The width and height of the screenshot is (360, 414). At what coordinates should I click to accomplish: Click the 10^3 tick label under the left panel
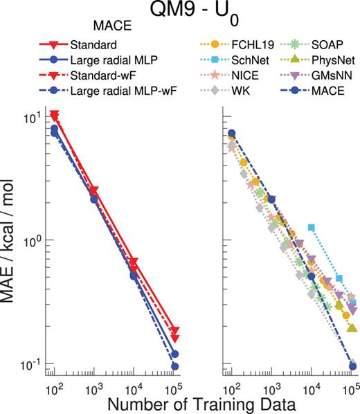[x=94, y=382]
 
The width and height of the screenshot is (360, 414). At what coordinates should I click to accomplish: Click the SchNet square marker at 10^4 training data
[x=312, y=228]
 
